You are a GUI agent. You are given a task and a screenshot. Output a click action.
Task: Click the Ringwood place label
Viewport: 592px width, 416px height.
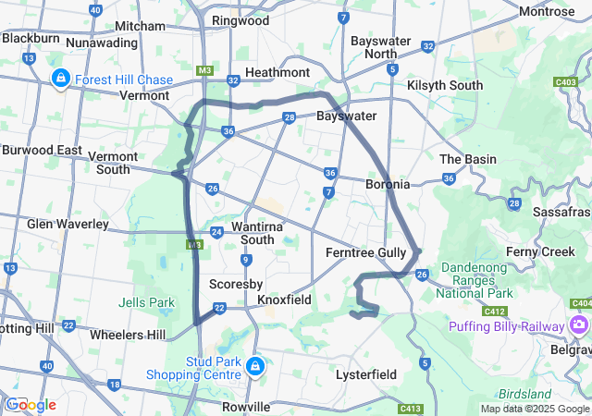point(240,20)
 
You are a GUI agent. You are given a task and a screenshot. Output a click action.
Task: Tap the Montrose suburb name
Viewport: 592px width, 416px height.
point(547,11)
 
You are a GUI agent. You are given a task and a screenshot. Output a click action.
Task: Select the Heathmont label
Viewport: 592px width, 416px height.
point(277,72)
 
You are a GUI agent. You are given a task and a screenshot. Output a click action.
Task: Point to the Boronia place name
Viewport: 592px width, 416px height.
point(388,184)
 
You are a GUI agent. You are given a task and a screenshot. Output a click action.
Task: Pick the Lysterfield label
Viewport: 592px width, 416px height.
point(365,374)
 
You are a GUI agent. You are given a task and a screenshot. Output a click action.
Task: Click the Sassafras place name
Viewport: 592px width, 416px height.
point(561,212)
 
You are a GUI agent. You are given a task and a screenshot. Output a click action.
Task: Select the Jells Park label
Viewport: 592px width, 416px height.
point(146,301)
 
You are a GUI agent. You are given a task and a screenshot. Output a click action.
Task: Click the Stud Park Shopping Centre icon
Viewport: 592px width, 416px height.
point(253,368)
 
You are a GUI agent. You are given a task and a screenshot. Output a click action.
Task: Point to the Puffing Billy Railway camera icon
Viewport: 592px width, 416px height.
point(579,325)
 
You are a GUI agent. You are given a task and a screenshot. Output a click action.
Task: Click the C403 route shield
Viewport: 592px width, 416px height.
point(566,82)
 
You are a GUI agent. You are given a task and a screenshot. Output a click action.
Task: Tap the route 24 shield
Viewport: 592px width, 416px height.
point(216,232)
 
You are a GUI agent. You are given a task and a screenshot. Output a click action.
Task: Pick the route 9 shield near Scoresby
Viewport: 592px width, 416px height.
point(246,260)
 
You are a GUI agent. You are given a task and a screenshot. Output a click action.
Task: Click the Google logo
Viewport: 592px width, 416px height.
point(30,405)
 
